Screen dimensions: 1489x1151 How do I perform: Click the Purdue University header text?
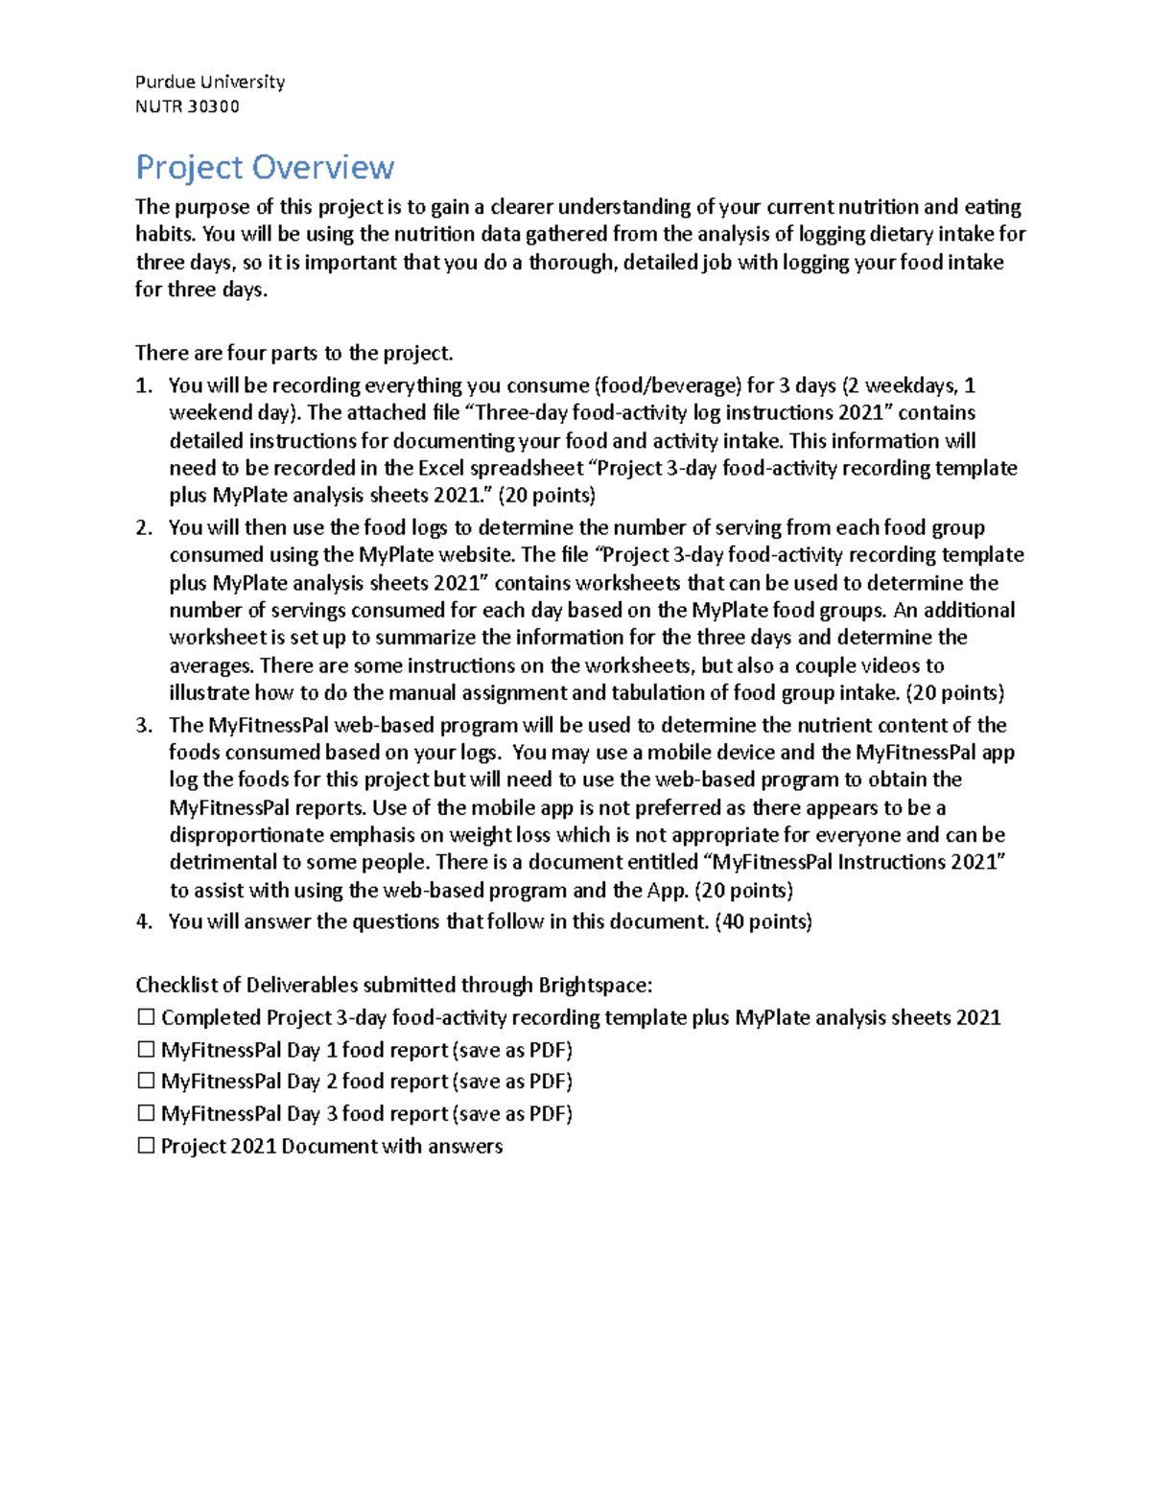coord(210,81)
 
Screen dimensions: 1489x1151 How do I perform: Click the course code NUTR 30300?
coord(187,106)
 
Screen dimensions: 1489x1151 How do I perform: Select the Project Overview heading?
coord(265,167)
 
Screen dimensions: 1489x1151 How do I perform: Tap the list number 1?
coord(144,385)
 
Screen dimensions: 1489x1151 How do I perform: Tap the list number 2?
coord(144,527)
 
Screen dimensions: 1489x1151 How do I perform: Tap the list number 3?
coord(144,725)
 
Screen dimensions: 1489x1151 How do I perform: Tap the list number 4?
coord(144,921)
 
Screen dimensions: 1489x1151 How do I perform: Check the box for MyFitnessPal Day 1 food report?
coord(146,1049)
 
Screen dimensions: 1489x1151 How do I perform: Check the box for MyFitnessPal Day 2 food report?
coord(146,1081)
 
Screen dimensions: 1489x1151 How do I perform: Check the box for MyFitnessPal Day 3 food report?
coord(146,1113)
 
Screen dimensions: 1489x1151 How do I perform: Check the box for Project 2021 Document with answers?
coord(146,1146)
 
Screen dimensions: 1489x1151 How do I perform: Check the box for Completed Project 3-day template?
coord(146,1016)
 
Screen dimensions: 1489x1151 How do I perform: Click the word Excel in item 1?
coord(443,468)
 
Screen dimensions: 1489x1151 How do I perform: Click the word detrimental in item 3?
coord(217,862)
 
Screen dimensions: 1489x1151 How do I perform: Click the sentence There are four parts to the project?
coord(294,353)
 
